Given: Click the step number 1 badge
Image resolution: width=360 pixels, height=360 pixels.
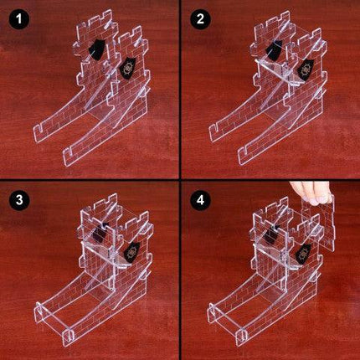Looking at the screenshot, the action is click(19, 19).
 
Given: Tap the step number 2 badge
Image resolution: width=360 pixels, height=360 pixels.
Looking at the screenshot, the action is click(200, 19).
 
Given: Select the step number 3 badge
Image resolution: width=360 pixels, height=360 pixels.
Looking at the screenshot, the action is click(19, 200).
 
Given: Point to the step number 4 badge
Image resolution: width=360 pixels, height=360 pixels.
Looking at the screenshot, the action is click(200, 200).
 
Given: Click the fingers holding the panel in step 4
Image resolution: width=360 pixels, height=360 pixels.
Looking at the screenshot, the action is click(311, 192).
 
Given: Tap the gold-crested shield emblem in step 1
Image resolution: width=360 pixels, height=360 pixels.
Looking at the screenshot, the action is click(128, 68).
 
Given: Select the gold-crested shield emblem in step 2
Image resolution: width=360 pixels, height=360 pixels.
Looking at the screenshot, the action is click(305, 68).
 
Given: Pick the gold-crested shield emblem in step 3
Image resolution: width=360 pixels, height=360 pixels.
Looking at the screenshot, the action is click(131, 252).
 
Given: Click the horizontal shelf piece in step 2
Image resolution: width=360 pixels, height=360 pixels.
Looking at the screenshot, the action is click(276, 73).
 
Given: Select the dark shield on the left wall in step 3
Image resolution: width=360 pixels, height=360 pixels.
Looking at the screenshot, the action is click(100, 232).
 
